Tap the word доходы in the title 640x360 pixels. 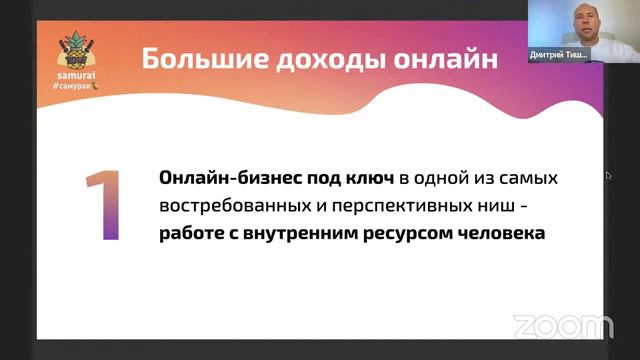point(312,59)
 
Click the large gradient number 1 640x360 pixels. point(103,206)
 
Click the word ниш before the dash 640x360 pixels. point(500,206)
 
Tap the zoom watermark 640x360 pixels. point(563,325)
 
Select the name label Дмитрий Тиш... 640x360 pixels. point(559,56)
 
